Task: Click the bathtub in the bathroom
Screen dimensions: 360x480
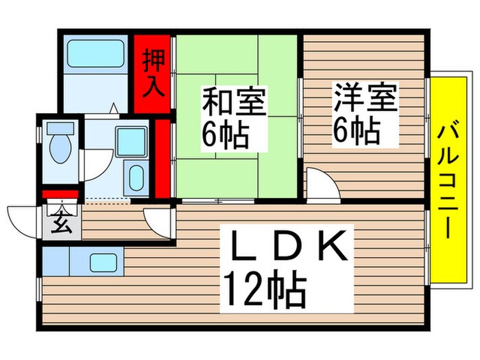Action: pos(95,53)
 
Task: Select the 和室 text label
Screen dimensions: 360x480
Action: pos(234,104)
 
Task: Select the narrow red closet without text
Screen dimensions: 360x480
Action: pos(163,158)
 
